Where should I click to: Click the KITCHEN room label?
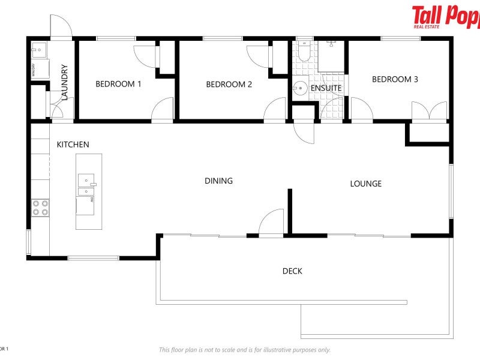(x=73, y=145)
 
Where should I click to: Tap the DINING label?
(x=218, y=181)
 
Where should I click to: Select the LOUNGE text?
(x=365, y=184)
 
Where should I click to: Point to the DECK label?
(x=292, y=271)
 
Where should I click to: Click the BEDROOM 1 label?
(x=118, y=84)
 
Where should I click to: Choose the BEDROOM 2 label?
(x=229, y=85)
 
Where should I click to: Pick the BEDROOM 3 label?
(x=395, y=79)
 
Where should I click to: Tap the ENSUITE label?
(x=326, y=88)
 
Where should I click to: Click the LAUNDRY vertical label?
(x=65, y=82)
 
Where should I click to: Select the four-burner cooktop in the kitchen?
(x=40, y=208)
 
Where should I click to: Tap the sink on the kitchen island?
(x=86, y=179)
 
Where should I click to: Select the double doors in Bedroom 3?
(x=429, y=112)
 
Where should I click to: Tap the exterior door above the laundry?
(x=61, y=27)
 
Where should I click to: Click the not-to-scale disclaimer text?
(x=244, y=350)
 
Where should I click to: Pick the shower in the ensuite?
(x=332, y=57)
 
